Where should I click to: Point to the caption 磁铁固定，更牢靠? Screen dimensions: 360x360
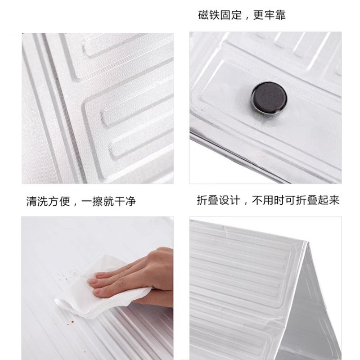click(242, 15)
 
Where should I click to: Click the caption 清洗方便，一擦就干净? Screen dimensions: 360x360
click(81, 201)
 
